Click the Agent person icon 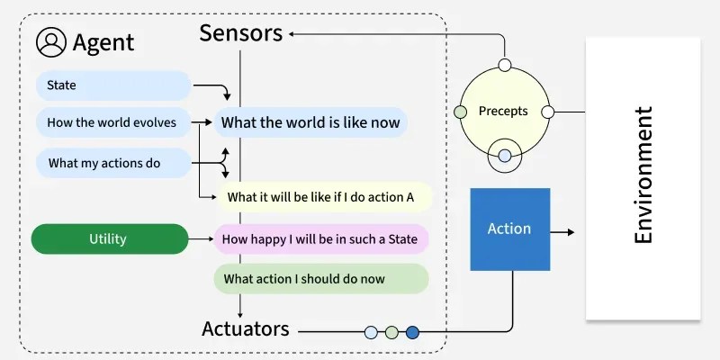coord(51,41)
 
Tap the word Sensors coord(240,34)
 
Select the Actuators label coord(246,328)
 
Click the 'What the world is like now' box coord(310,122)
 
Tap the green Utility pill coord(108,239)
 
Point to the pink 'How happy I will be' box coord(320,239)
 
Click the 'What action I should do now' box coord(320,279)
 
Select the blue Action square coord(509,229)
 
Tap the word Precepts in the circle coord(503,112)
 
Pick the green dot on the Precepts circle coord(461,112)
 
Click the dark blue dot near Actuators coord(412,332)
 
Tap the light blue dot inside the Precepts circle coord(504,156)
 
